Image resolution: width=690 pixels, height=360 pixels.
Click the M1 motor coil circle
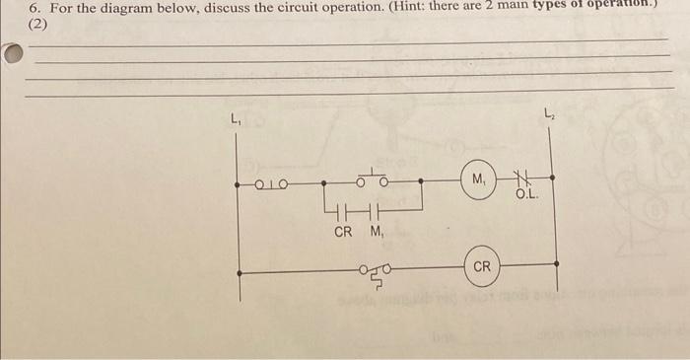click(x=479, y=181)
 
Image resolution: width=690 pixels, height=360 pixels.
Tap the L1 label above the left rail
click(x=236, y=120)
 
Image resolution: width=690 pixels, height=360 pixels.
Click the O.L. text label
click(x=525, y=195)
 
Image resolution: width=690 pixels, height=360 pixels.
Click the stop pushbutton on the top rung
click(x=271, y=182)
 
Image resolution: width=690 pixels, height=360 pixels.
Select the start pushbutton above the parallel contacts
click(x=373, y=180)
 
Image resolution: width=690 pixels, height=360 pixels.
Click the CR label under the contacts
click(x=343, y=232)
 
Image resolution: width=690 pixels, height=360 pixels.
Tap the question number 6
click(x=32, y=8)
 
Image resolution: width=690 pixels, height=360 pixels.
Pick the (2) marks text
click(x=39, y=23)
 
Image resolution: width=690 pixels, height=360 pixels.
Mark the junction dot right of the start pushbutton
click(x=422, y=181)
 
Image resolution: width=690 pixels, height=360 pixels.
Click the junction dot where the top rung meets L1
click(x=238, y=182)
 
